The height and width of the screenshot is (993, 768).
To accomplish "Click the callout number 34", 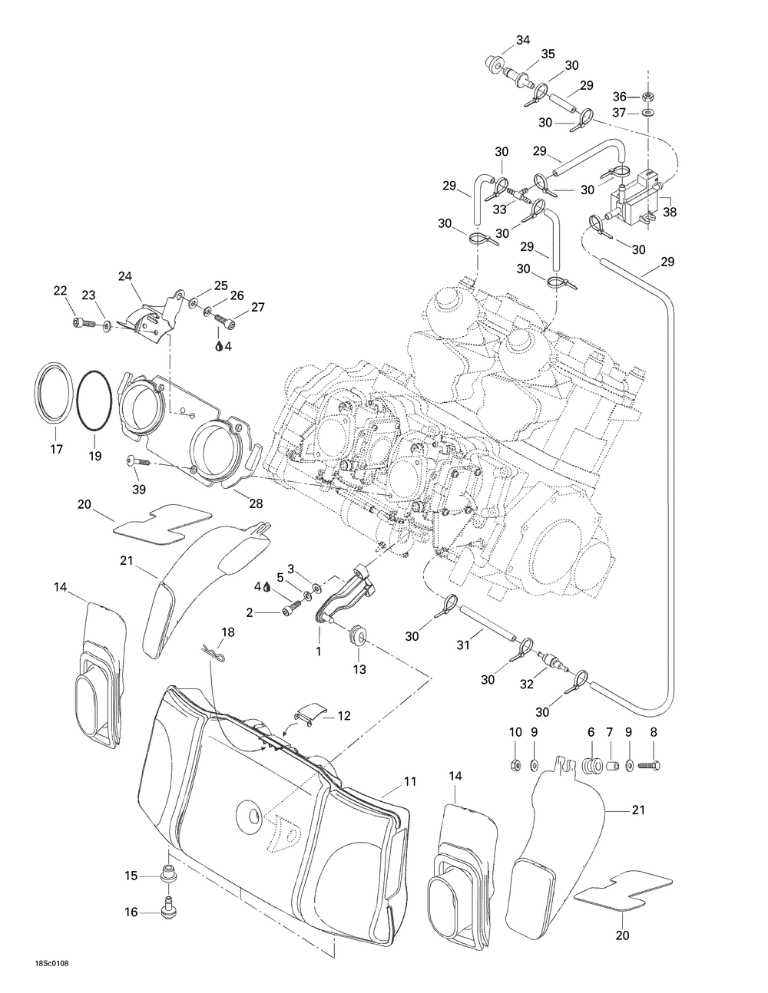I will tap(502, 40).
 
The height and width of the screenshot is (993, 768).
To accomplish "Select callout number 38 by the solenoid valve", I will tap(670, 213).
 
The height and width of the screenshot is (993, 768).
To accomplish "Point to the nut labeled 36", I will tap(647, 97).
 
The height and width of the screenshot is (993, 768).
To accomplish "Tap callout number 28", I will tap(233, 503).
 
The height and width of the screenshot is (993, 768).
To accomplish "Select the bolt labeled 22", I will tap(79, 322).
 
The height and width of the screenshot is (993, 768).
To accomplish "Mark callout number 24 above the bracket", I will tap(125, 275).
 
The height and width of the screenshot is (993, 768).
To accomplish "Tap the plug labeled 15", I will tap(168, 874).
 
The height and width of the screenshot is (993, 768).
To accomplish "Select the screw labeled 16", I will tap(167, 907).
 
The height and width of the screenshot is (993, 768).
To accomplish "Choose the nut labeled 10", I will tap(516, 764).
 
